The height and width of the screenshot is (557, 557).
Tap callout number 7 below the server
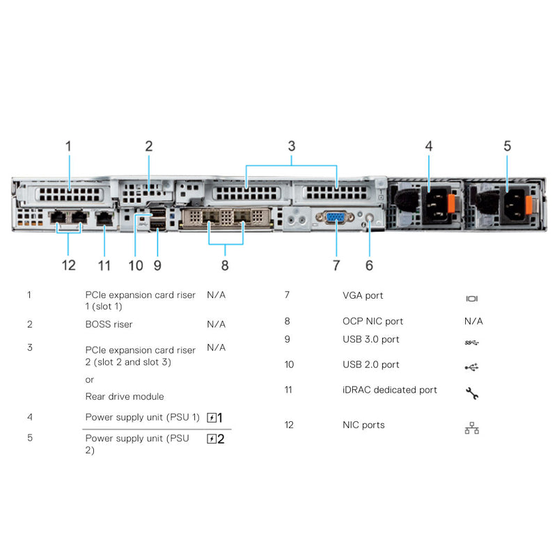[x=336, y=265]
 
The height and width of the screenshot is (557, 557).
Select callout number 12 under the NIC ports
[x=68, y=265]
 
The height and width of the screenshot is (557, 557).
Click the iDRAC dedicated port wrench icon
[x=471, y=393]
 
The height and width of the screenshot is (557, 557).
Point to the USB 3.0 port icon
[x=471, y=342]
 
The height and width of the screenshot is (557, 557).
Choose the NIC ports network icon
[x=471, y=429]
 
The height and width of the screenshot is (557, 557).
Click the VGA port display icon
[x=471, y=299]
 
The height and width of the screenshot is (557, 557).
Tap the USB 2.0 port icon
[x=471, y=367]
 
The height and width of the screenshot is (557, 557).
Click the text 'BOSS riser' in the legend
[x=109, y=324]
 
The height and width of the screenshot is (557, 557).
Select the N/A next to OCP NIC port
[x=473, y=321]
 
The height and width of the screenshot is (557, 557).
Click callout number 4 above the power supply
[x=429, y=146]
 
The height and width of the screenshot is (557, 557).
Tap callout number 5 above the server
[x=507, y=146]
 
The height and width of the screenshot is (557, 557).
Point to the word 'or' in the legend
[x=89, y=379]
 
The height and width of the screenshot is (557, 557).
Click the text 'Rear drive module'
[x=125, y=397]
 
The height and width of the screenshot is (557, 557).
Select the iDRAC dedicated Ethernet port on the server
[x=104, y=217]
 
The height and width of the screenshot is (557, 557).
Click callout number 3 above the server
[x=292, y=146]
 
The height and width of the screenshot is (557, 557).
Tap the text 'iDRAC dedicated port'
[x=390, y=390]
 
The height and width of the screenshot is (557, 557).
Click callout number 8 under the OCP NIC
[x=225, y=265]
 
